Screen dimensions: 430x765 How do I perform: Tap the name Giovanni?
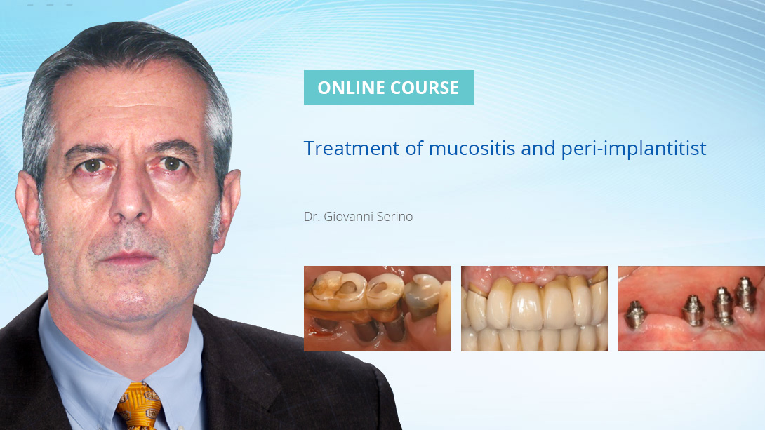348,217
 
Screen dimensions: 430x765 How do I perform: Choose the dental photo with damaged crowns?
377,309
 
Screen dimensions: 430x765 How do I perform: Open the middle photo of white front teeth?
534,309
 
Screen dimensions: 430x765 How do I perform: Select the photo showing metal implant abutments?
691,309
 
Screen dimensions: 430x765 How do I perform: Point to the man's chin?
133,295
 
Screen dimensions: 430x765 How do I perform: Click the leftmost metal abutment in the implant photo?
635,313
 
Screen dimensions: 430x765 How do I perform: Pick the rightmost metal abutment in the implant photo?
745,295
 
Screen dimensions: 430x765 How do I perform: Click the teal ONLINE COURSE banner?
389,88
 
